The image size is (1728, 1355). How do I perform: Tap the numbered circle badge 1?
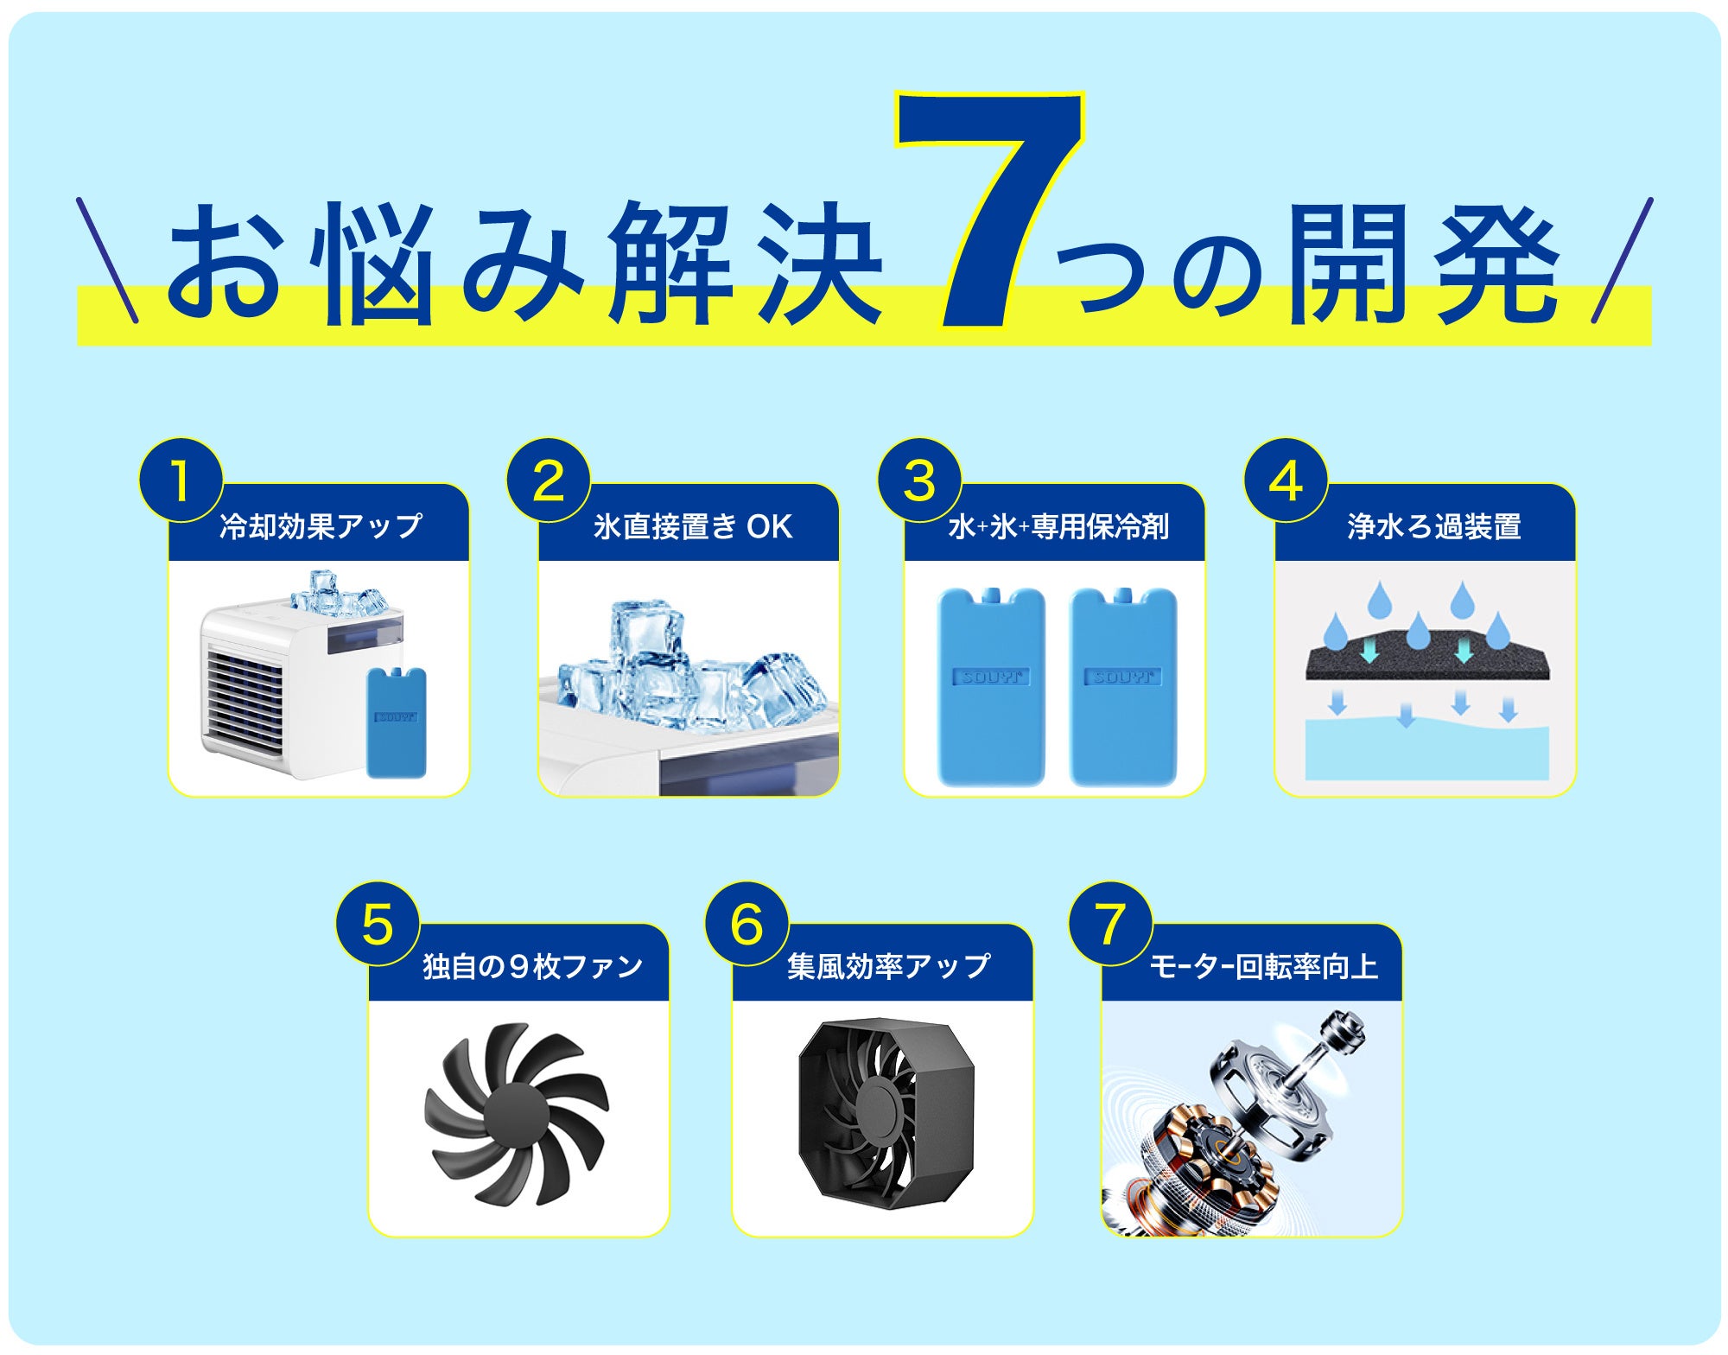tap(181, 480)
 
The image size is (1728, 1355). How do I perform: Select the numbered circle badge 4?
tap(1286, 480)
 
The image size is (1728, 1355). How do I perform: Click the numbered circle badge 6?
tap(747, 924)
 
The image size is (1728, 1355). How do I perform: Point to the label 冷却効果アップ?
tap(321, 526)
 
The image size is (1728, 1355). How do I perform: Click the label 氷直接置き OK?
tap(693, 526)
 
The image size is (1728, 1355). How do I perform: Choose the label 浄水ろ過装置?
tap(1434, 526)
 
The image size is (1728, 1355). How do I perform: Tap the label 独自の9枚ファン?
tap(533, 966)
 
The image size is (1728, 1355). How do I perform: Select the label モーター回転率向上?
tap(1262, 966)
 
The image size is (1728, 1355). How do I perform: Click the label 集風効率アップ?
tap(889, 966)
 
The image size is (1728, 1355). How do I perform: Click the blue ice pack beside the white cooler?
tap(397, 722)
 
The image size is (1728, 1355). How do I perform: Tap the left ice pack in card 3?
tap(991, 687)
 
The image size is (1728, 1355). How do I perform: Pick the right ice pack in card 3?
tap(1123, 687)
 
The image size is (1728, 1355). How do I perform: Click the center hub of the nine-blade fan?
tap(516, 1116)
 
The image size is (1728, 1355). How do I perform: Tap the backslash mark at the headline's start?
tap(107, 260)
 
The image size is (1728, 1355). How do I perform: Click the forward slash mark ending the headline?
tap(1622, 260)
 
